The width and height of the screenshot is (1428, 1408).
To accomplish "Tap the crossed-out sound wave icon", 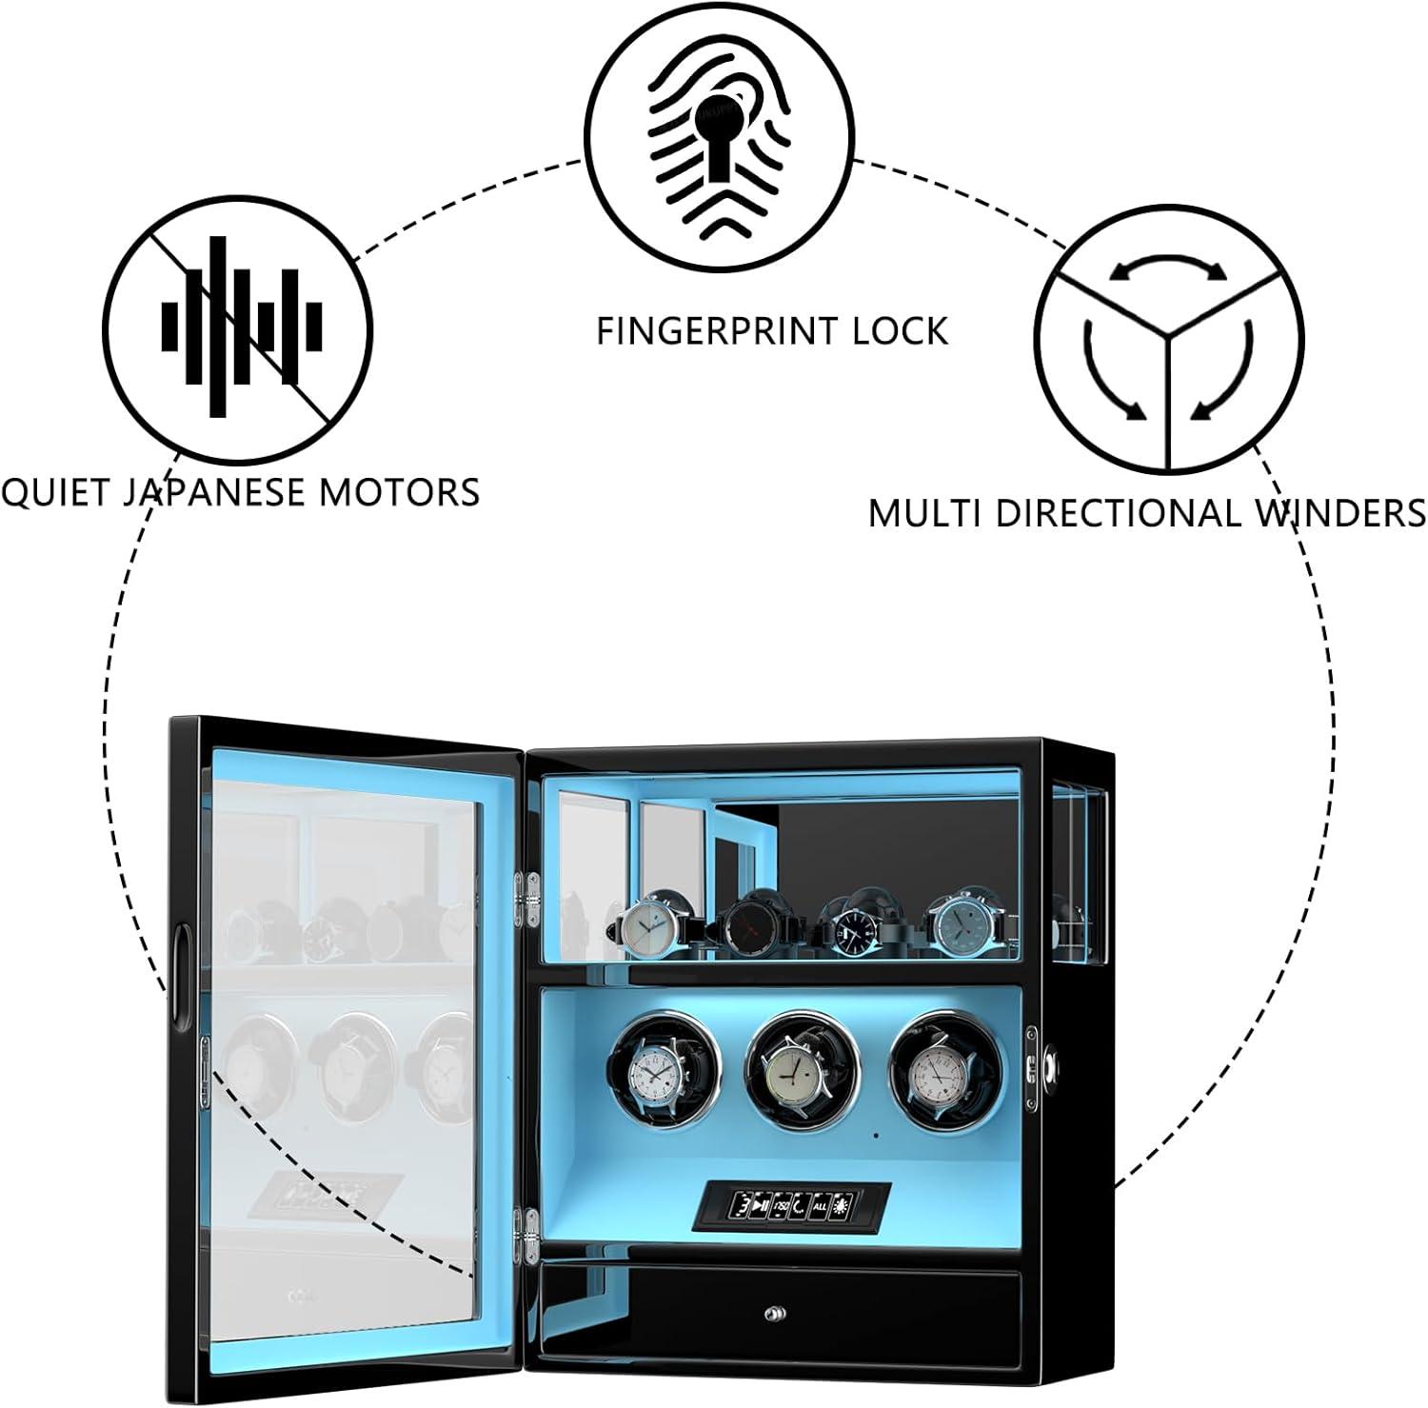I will coord(238,327).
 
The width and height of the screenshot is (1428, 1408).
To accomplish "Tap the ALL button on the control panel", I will coord(819,1207).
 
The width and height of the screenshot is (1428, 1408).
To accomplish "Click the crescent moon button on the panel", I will coord(798,1207).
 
